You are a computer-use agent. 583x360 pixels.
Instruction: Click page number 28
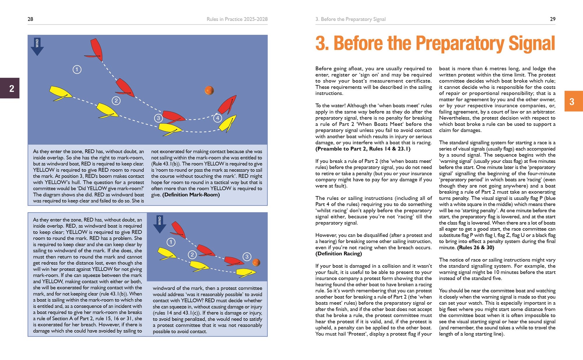[30, 19]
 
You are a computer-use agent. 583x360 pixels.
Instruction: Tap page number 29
[552, 19]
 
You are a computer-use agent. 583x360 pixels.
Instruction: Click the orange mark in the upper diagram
[209, 90]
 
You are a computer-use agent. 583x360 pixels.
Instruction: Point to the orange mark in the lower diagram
[256, 262]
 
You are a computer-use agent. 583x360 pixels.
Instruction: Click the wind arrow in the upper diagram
[37, 47]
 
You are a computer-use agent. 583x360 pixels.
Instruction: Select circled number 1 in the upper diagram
[77, 69]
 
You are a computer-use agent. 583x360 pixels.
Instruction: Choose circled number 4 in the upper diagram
[217, 118]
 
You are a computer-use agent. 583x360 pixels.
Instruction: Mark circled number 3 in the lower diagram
[247, 257]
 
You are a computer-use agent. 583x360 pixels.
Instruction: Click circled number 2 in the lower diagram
[192, 254]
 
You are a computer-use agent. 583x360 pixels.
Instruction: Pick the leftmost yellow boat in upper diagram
[60, 93]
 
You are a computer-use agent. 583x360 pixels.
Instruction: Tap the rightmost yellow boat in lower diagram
[245, 273]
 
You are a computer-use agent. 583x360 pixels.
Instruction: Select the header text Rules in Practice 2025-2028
[237, 19]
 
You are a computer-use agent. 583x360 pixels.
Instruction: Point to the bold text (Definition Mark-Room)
[191, 195]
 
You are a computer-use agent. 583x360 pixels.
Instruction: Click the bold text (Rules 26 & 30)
[475, 247]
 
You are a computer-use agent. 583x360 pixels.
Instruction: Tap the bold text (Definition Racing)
[338, 254]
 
